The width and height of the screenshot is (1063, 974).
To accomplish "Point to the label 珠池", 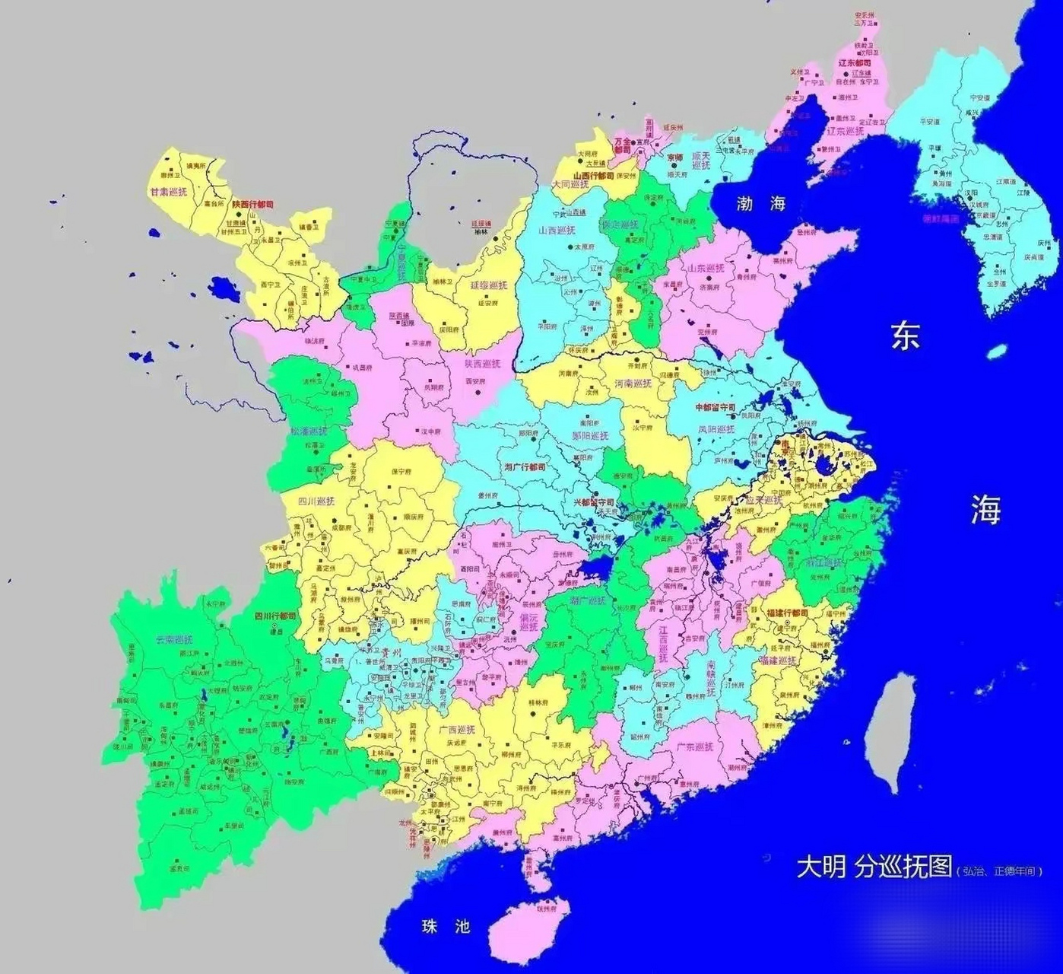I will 446,926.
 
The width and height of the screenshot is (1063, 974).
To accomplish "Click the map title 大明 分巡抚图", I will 874,866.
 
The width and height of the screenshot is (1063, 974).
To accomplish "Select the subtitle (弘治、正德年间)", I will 998,871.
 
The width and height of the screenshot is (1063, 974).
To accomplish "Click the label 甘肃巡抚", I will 169,192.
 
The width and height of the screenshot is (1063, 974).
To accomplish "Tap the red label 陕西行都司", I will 252,204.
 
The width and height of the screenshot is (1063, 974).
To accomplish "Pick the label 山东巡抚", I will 706,269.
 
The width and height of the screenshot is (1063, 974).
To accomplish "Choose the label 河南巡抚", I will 633,384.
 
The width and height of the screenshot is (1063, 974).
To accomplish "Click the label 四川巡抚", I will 316,501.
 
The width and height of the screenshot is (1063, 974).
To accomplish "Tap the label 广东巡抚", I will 694,746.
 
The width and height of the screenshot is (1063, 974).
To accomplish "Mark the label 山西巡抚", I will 557,230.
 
